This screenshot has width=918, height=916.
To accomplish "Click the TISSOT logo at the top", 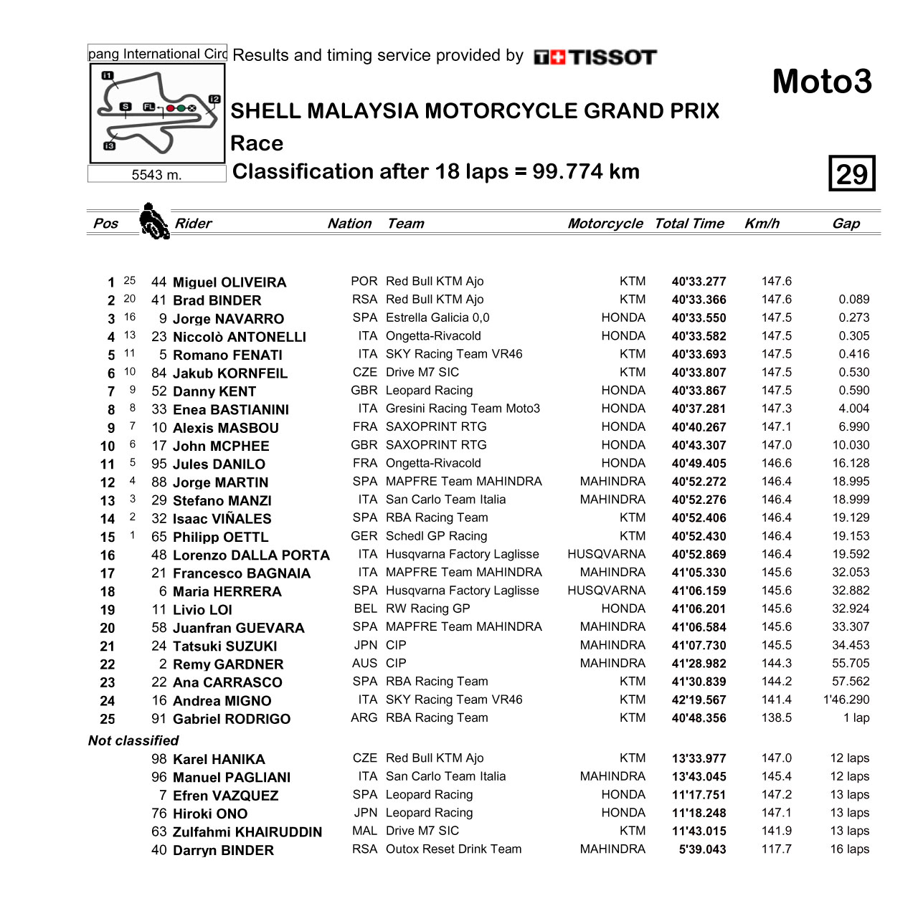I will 595,57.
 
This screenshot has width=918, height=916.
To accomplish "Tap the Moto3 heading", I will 822,82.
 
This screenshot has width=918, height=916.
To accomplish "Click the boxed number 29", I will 852,173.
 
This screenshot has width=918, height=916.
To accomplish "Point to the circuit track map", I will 157,113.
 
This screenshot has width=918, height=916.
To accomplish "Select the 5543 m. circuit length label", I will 156,175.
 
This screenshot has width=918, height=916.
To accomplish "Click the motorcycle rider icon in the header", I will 153,221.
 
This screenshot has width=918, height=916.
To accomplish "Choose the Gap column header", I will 846,224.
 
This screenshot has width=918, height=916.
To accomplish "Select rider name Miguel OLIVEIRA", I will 229,282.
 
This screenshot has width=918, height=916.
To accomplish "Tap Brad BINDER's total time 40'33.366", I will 699,300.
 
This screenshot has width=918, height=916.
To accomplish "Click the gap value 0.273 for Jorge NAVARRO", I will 853,318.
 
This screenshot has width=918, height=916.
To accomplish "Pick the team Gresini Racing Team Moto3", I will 463,409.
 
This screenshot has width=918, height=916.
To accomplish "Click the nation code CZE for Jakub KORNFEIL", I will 364,373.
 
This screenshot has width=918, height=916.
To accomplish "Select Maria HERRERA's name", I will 227,592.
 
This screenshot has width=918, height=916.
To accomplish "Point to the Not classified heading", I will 133,740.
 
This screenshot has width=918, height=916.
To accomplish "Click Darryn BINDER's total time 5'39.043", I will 702,849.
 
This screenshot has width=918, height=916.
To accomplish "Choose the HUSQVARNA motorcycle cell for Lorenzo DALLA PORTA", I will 606,554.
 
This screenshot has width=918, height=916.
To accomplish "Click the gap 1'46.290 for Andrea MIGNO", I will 846,700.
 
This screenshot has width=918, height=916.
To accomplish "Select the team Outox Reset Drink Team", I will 453,849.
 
